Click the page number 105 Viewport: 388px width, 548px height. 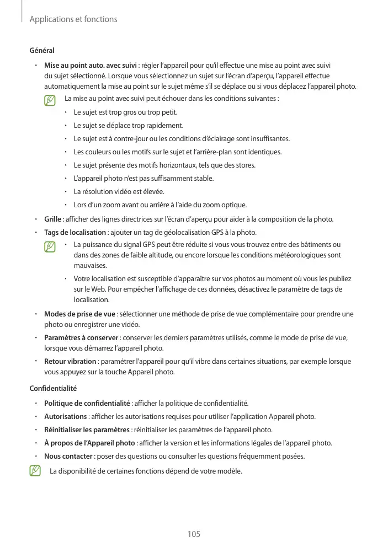click(194, 534)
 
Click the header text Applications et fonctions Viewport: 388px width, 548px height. click(73, 19)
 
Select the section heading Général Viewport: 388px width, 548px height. click(42, 51)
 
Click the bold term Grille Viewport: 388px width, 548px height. click(52, 219)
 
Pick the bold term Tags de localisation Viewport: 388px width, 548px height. click(75, 232)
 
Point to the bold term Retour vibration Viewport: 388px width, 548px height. click(70, 362)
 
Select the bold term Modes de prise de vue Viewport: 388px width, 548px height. click(79, 314)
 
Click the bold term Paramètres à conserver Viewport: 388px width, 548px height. click(81, 337)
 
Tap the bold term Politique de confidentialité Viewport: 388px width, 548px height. click(87, 402)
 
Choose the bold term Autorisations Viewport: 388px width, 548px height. click(65, 416)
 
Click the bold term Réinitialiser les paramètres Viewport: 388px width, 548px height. click(87, 429)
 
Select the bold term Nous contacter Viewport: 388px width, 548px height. click(68, 456)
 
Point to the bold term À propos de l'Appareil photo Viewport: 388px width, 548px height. click(89, 443)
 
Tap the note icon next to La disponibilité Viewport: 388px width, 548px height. click(36, 471)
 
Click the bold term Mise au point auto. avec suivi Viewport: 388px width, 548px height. click(91, 67)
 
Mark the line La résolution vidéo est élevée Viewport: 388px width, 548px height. click(119, 191)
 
